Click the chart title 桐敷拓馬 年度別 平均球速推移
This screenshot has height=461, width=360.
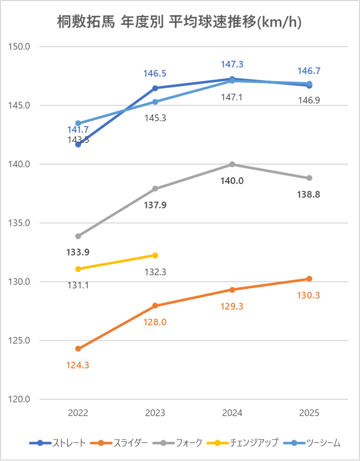point(179,22)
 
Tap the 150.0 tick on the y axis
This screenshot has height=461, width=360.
point(20,47)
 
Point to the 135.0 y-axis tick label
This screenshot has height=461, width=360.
point(20,223)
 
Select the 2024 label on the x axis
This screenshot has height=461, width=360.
point(232,413)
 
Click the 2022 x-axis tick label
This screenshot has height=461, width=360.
point(78,413)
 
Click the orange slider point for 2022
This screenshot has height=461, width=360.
point(78,349)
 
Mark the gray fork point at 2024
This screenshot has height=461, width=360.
point(232,164)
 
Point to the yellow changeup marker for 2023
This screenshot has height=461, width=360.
point(155,255)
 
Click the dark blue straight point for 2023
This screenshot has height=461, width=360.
point(155,88)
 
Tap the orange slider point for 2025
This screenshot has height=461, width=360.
point(309,279)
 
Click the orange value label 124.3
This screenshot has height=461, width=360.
point(78,365)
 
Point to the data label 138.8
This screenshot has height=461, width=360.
point(309,195)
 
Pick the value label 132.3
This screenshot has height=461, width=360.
point(155,272)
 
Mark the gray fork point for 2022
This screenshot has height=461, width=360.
point(78,236)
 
